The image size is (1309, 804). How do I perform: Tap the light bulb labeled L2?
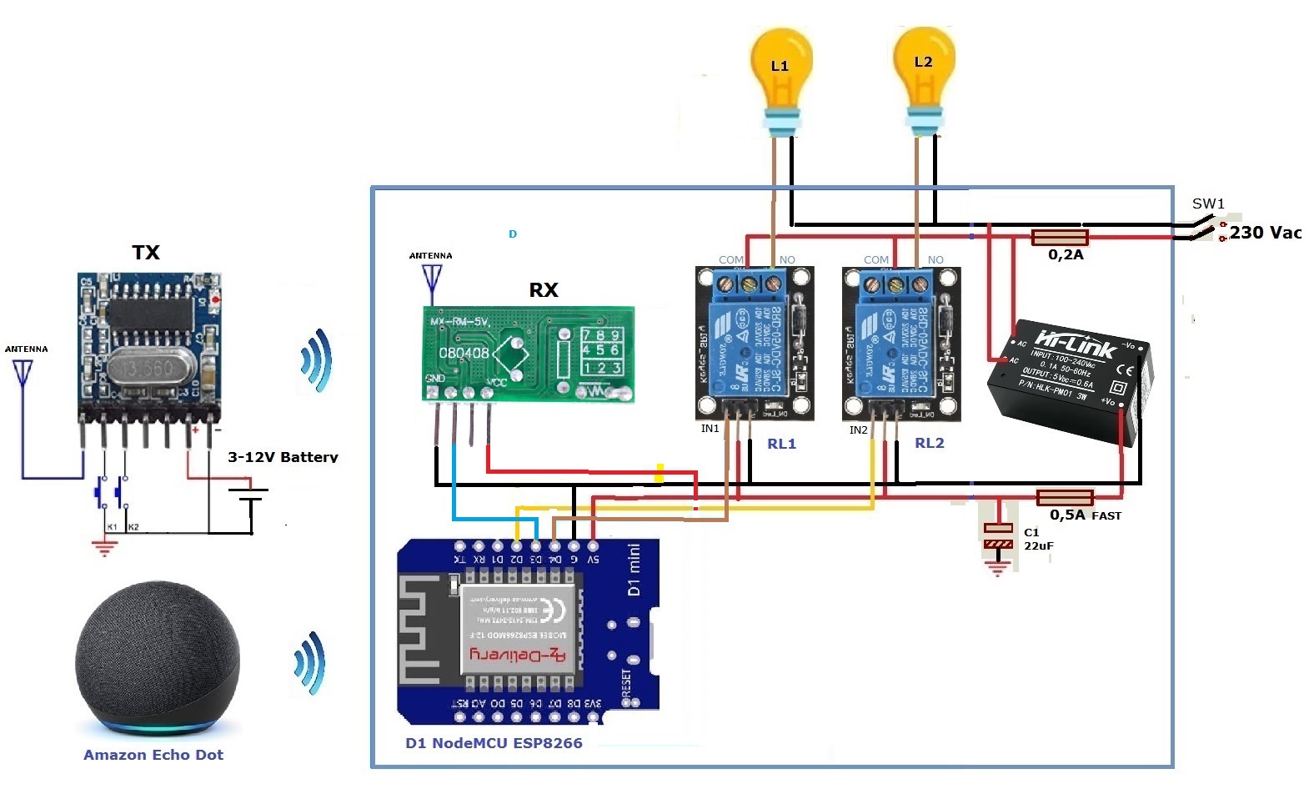(x=923, y=70)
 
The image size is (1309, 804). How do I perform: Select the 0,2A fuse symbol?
(x=1059, y=238)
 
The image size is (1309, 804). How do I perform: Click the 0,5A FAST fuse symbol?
(x=1065, y=498)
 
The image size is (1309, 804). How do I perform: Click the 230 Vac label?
(x=1265, y=233)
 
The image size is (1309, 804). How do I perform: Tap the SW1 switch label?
(x=1207, y=204)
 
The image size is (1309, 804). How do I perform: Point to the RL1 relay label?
(x=781, y=444)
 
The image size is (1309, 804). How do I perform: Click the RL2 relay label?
(x=929, y=443)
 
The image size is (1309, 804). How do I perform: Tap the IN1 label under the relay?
(x=710, y=429)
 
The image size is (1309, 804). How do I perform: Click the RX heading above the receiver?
(x=544, y=290)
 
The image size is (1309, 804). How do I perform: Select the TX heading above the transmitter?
(x=146, y=253)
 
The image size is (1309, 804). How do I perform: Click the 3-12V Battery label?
(x=283, y=457)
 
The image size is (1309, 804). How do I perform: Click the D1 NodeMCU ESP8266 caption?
(x=494, y=743)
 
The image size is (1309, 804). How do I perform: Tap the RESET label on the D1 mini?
(x=626, y=684)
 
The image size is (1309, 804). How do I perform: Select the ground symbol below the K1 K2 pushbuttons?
(x=104, y=548)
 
